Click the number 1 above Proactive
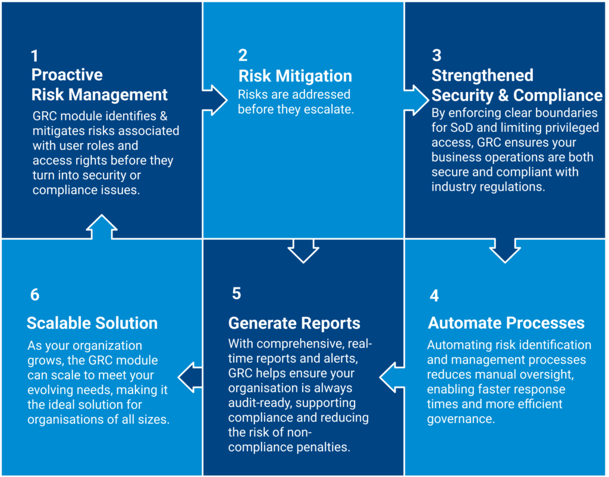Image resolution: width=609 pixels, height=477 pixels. coord(34,56)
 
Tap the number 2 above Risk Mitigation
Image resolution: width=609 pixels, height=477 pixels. coord(243,55)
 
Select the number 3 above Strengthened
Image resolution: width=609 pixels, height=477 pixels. coord(437,55)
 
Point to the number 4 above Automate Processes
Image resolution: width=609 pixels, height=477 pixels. coord(434,296)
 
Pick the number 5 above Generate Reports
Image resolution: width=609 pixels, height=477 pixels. coord(237,293)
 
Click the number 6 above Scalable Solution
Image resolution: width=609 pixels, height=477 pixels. coord(35,295)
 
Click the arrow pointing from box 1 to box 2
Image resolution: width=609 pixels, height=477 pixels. coord(214,100)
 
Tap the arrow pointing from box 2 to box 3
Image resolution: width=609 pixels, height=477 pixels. coord(416,100)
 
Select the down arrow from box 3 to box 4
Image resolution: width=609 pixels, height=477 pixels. coord(505,251)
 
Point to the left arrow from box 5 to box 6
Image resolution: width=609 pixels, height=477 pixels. coord(190,377)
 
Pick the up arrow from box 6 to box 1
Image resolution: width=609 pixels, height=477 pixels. coord(102,227)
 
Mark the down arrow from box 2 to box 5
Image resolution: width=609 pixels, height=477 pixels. coord(303,251)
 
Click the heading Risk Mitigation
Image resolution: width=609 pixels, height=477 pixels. coord(295,76)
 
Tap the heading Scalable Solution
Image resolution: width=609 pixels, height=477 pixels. coord(92,323)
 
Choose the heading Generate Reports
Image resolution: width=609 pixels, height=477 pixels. coord(294,323)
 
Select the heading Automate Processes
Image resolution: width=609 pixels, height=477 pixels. coord(506,323)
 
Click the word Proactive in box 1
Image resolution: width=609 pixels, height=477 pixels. coord(67,75)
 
